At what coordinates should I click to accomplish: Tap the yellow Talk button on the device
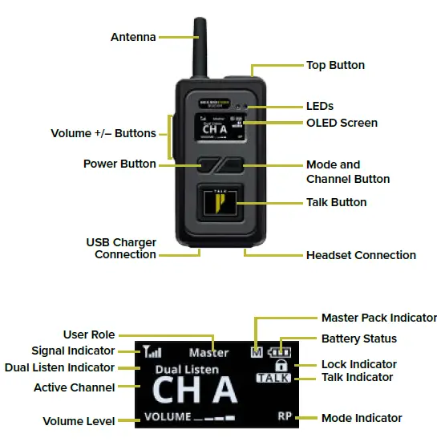pos(220,205)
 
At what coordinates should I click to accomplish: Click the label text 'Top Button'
pos(335,65)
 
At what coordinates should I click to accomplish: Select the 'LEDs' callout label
pos(319,106)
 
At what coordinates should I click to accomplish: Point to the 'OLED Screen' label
pos(342,123)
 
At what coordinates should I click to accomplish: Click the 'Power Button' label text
pos(119,164)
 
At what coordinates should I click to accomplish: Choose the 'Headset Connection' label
pos(361,255)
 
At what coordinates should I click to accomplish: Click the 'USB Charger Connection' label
pos(121,249)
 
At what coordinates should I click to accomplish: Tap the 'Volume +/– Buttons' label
pos(103,133)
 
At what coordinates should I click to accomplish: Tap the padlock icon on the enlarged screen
pos(281,365)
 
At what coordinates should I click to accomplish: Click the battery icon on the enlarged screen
pos(281,351)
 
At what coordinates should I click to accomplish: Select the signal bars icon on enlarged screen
pos(151,351)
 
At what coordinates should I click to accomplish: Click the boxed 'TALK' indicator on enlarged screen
pos(274,378)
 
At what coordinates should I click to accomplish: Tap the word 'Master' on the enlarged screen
pos(209,352)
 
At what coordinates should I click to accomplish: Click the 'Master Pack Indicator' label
pos(378,318)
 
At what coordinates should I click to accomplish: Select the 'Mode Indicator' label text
pos(362,418)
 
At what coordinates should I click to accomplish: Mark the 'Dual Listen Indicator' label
pos(59,367)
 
